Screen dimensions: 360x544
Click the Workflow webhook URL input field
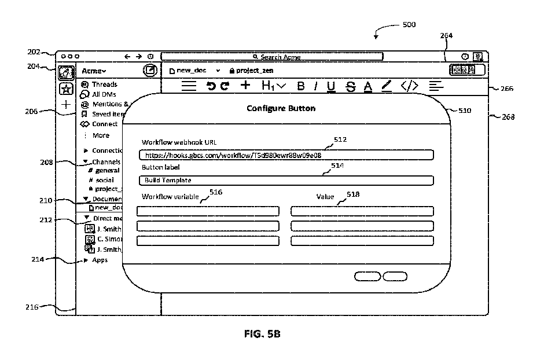(286, 155)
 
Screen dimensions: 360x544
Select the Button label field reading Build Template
(286, 181)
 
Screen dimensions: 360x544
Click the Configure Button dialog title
(281, 108)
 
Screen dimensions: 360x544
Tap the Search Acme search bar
(272, 57)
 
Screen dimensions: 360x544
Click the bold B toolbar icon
(301, 86)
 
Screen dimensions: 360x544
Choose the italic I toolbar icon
(316, 86)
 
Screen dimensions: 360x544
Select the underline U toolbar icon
(331, 86)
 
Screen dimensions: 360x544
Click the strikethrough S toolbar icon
(350, 86)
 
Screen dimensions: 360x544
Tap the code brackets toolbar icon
(409, 86)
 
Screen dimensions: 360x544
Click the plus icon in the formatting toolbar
(245, 86)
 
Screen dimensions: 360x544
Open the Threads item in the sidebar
(104, 85)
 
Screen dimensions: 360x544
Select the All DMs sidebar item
(104, 94)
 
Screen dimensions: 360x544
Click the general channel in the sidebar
(107, 171)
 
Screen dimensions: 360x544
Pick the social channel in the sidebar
(105, 180)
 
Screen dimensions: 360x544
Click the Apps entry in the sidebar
(100, 260)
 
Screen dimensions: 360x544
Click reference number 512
(340, 139)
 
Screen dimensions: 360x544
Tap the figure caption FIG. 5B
(263, 335)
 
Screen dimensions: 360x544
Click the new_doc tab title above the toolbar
(191, 71)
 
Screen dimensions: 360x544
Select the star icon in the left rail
(66, 89)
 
